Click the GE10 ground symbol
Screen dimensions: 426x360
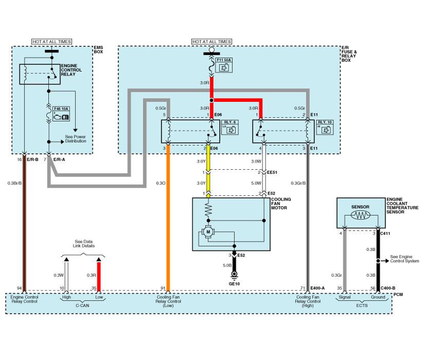tap(234, 275)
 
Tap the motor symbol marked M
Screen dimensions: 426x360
tap(208, 232)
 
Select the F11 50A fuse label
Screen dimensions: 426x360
tap(224, 60)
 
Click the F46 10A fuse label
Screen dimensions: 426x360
tap(61, 109)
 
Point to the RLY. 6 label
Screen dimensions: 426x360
tap(230, 122)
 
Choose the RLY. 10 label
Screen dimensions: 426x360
tap(325, 122)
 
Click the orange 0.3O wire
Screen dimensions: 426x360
tap(168, 218)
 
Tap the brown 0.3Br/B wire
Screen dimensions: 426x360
tap(25, 224)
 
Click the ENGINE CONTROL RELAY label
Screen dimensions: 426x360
tap(71, 70)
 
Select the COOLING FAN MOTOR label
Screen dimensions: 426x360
tap(281, 203)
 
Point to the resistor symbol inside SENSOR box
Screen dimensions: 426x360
tap(360, 215)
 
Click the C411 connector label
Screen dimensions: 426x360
tap(385, 233)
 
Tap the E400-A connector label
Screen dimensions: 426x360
tap(318, 288)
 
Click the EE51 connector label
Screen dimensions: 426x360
tap(272, 172)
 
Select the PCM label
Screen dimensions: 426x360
tap(398, 295)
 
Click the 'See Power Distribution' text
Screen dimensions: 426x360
tap(76, 139)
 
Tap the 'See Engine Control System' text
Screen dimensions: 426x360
tap(404, 259)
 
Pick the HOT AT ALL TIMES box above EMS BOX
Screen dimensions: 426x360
tap(51, 42)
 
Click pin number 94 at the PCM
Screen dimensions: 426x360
tap(20, 288)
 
